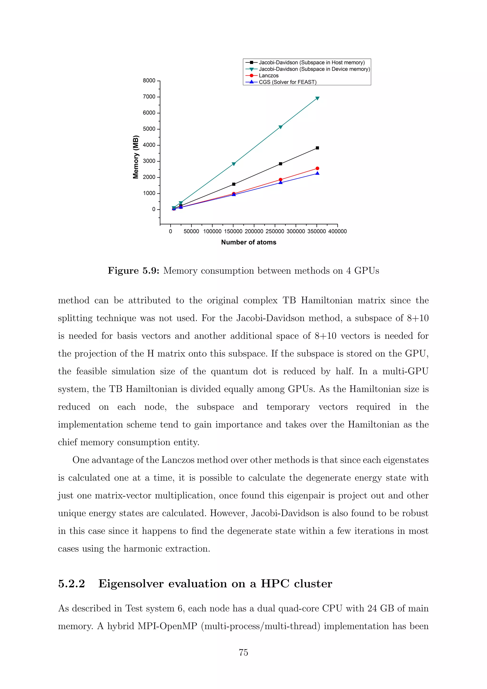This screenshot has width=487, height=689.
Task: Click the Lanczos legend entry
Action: click(x=268, y=76)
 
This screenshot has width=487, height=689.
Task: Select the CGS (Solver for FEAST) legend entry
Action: click(x=287, y=82)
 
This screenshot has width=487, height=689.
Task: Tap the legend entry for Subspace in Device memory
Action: click(x=314, y=69)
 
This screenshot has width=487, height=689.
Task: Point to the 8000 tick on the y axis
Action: click(x=149, y=81)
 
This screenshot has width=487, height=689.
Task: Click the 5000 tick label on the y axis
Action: click(x=149, y=129)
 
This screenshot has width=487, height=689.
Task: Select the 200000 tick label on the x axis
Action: click(x=254, y=231)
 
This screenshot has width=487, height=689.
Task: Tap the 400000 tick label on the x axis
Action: click(x=337, y=231)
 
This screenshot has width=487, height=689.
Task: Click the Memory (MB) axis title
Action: click(x=136, y=157)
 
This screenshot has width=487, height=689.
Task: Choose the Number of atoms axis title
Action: click(x=248, y=242)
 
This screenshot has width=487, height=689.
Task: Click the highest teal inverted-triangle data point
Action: click(x=317, y=98)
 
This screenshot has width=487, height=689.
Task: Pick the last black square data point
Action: click(x=317, y=148)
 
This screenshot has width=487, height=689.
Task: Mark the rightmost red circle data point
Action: click(x=317, y=168)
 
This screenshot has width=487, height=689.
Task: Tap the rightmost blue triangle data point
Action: click(x=317, y=173)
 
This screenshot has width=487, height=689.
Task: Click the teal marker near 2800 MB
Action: click(x=234, y=164)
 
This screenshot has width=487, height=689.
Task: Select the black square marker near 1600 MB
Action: click(x=234, y=184)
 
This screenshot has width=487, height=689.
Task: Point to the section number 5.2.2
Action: click(x=71, y=584)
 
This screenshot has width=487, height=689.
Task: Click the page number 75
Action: click(x=243, y=652)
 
